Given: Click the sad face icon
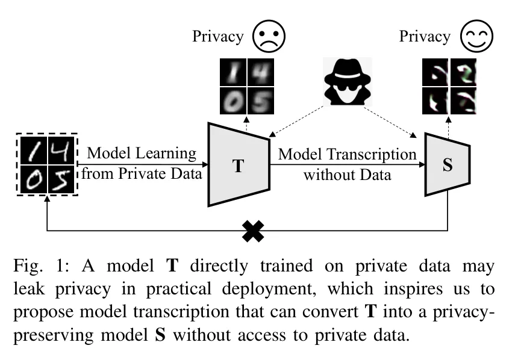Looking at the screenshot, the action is coord(269,36).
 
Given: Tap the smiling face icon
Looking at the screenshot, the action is coord(476,36).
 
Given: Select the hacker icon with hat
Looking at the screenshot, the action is coord(347,82).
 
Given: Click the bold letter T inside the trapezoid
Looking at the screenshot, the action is coord(238,166).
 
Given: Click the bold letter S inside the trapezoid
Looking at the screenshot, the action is coord(448,165).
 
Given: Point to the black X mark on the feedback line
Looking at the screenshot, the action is coord(253,231).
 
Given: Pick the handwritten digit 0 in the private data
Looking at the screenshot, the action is coord(34,179).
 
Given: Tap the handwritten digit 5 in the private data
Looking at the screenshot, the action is coord(61,179).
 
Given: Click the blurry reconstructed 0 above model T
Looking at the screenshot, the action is coord(233,101).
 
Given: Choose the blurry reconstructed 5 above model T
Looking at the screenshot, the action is coord(261,101).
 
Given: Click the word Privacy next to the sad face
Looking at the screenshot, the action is coord(218,37).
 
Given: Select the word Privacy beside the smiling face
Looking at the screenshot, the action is coord(425,37).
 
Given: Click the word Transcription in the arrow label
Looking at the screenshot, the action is coord(372,155).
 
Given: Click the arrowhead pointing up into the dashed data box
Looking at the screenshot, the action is coord(48,199).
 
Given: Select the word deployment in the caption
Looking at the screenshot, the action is coord(269,290).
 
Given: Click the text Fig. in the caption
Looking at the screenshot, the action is coord(28,266).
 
